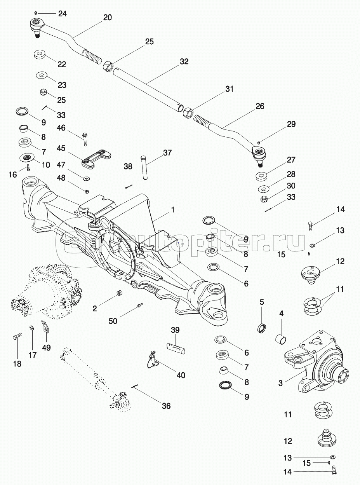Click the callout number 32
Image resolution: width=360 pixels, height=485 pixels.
[184, 61]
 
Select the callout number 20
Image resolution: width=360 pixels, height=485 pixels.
[107, 17]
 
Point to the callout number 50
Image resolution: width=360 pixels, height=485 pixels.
[113, 321]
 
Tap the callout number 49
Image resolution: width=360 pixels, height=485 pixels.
[46, 348]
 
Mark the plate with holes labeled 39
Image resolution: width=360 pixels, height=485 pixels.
[177, 348]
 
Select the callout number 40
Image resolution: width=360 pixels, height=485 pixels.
[181, 375]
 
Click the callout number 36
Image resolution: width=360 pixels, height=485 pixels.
[166, 406]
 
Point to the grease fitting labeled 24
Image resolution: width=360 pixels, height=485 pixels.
[35, 13]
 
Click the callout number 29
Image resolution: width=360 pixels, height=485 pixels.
[291, 124]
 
